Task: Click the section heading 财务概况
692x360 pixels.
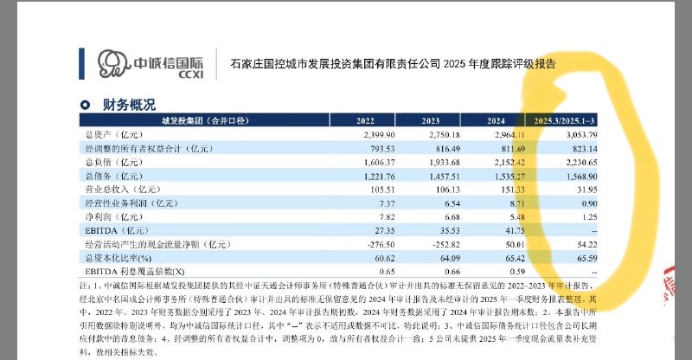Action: pos(129,106)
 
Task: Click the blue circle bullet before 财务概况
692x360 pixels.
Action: pos(85,106)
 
